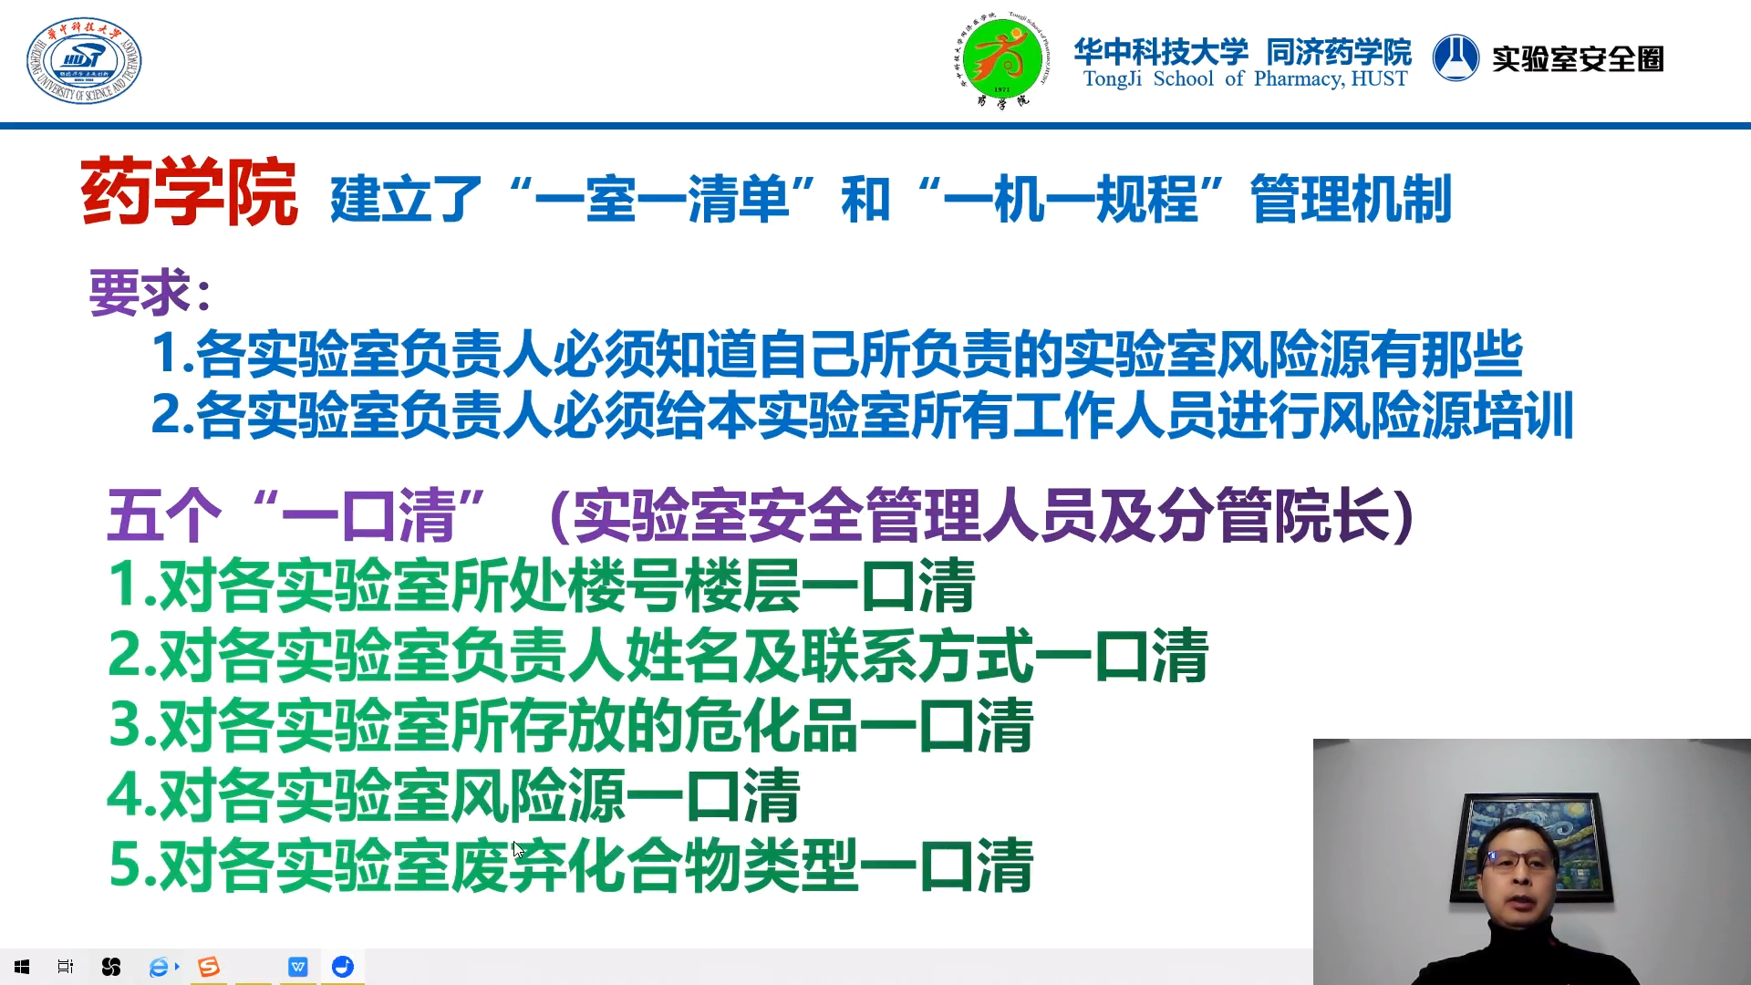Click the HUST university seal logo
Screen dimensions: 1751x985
(83, 60)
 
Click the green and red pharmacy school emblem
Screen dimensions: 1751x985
(1002, 60)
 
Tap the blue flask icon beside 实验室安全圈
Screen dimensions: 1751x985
(1456, 58)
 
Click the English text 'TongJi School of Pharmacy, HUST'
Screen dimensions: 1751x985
(1245, 79)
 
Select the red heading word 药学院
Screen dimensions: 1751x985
(189, 192)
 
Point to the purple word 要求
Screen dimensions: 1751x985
(140, 293)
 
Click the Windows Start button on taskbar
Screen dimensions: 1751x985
(22, 967)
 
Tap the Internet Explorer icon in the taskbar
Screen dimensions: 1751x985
(160, 967)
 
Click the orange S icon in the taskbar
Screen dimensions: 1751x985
(209, 967)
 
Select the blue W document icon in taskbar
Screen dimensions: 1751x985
(298, 967)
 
